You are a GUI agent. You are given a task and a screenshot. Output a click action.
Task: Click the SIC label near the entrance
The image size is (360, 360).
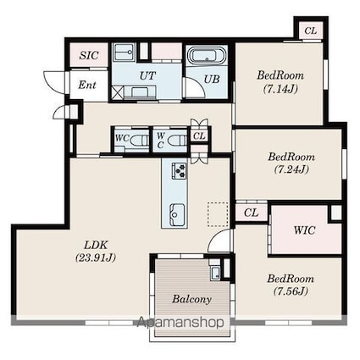pyautogui.click(x=89, y=55)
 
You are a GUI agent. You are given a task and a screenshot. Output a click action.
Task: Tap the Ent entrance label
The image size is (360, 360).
pyautogui.click(x=87, y=85)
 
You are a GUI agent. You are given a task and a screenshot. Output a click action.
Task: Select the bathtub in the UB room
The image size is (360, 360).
pyautogui.click(x=207, y=55)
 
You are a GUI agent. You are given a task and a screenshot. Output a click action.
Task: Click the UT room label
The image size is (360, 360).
pyautogui.click(x=147, y=75)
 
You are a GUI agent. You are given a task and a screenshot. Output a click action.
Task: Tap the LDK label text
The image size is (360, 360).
pyautogui.click(x=96, y=245)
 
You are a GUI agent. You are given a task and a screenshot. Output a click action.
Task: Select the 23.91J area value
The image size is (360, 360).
pyautogui.click(x=96, y=258)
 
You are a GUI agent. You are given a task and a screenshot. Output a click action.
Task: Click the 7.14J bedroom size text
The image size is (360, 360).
pyautogui.click(x=280, y=89)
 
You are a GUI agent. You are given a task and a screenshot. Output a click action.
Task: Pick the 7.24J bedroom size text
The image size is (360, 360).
pyautogui.click(x=291, y=169)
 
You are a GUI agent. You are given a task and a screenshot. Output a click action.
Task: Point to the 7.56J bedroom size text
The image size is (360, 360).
pyautogui.click(x=291, y=291)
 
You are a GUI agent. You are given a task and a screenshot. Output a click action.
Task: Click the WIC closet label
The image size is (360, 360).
pyautogui.click(x=304, y=230)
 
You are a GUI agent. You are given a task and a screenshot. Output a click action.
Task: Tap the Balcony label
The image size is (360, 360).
pyautogui.click(x=191, y=299)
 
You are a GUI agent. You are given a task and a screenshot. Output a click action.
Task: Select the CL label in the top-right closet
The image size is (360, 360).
pyautogui.click(x=311, y=30)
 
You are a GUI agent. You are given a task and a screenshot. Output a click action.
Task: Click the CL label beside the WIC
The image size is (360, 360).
pyautogui.click(x=251, y=213)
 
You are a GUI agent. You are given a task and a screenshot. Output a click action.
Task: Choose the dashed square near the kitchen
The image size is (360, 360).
pyautogui.click(x=218, y=214)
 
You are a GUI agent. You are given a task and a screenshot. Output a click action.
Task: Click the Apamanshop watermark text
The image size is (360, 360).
pyautogui.click(x=180, y=322)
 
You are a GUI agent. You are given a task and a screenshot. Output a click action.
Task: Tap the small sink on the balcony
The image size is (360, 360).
pyautogui.click(x=215, y=273)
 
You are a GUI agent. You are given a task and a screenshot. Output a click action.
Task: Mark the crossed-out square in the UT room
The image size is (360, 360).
pyautogui.click(x=116, y=93)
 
